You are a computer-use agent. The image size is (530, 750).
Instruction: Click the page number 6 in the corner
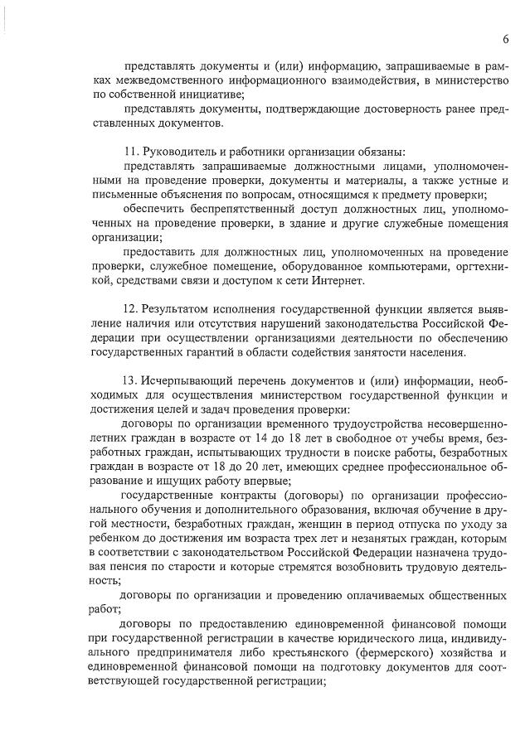[x=505, y=39]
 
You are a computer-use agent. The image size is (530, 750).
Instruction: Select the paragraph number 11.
[x=127, y=151]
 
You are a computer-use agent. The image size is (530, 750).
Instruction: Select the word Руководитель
[x=181, y=151]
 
